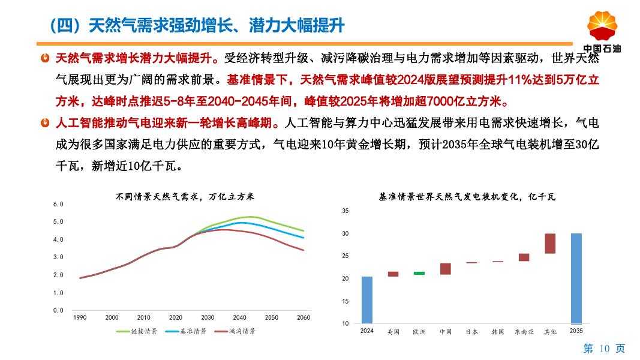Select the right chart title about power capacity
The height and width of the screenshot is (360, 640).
[x=467, y=196]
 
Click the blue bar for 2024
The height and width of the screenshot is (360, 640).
[x=367, y=300]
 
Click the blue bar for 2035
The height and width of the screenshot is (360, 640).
[x=576, y=278]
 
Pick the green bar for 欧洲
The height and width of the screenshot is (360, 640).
[x=419, y=273]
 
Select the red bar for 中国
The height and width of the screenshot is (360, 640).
[x=445, y=268]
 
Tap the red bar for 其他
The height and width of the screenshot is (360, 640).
[x=550, y=243]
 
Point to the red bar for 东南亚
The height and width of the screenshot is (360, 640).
[x=524, y=257]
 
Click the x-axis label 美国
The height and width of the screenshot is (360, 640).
[x=393, y=331]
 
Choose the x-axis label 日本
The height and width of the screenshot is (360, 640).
[x=471, y=331]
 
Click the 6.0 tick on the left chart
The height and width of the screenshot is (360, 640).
[x=58, y=204]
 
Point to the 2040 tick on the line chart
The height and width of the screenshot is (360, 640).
[x=239, y=317]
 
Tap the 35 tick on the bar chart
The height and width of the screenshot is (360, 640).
[x=345, y=211]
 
